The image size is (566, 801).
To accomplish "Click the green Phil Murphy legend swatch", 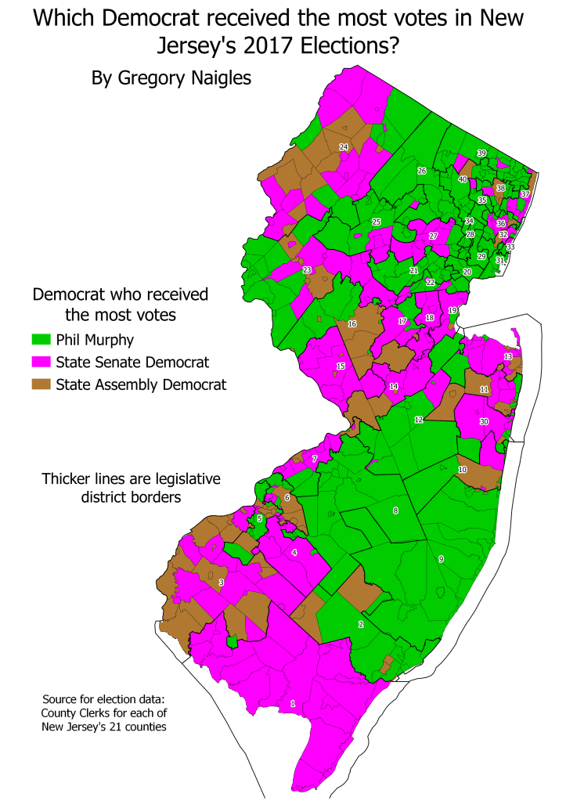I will tap(41, 340).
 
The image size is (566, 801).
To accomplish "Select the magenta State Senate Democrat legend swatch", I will tap(41, 362).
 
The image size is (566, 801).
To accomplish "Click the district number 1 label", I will tap(293, 704).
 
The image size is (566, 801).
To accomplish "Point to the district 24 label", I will tap(343, 147).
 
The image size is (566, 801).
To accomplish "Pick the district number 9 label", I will tap(441, 559).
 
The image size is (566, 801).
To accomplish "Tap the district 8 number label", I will tap(395, 511).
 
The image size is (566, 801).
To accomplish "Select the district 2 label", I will tap(360, 624).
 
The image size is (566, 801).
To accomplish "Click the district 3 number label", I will tap(222, 583).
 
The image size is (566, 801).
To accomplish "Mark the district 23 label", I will tap(307, 270).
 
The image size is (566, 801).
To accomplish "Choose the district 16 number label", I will tap(352, 323).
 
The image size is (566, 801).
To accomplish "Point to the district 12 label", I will tap(419, 420).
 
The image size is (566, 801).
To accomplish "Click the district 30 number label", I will tap(484, 421).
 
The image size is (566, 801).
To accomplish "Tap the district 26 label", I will tap(421, 171).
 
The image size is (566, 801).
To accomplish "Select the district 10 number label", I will tap(462, 469).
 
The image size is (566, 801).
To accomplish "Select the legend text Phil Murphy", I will tap(95, 340).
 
